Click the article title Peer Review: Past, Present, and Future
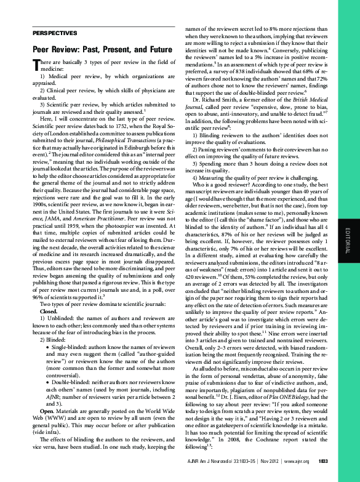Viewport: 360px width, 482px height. [102, 49]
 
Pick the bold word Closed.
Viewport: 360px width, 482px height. [49, 312]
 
